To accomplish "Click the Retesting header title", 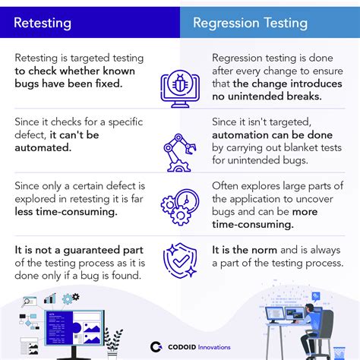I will pos(43,22).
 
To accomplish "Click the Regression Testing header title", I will pos(250,22).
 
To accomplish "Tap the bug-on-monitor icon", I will pos(180,85).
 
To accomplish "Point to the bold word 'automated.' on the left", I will pos(43,148).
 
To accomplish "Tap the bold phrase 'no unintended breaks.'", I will pos(278,96).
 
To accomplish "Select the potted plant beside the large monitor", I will pos(113,339).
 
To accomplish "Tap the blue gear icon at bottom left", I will pos(71,298).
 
